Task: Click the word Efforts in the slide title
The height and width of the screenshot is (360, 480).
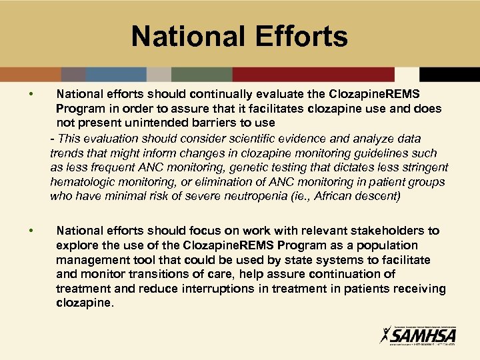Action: tap(295, 37)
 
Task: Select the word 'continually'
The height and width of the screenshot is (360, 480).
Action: tap(222, 95)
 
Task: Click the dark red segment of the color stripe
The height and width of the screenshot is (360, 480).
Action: tap(313, 74)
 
